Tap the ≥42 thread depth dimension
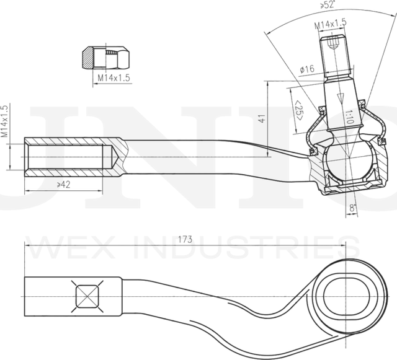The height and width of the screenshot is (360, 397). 45,184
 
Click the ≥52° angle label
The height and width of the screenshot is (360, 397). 328,5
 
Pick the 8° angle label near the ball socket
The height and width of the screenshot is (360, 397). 352,209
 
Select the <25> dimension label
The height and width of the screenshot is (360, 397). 298,111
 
